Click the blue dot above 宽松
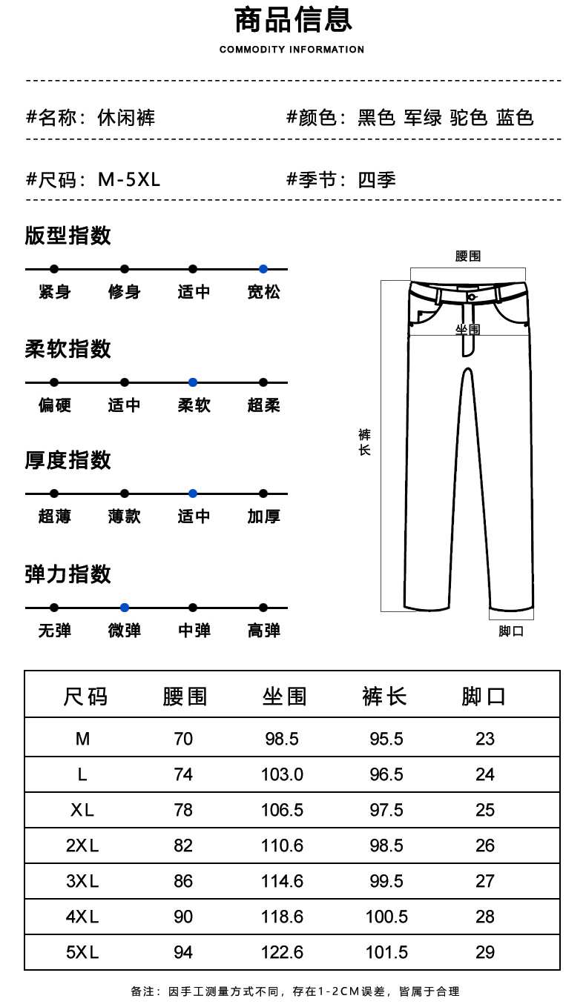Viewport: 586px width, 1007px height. [263, 269]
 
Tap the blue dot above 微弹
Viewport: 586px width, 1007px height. [125, 608]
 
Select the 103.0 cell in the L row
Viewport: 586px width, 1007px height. [282, 774]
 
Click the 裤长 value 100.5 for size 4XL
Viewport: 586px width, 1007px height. [386, 917]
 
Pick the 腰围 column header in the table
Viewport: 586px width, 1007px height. [185, 697]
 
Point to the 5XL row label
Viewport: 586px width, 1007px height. [82, 952]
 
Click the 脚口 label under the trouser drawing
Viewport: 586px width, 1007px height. [511, 631]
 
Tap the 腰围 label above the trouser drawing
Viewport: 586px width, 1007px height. [468, 256]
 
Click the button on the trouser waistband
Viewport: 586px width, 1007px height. [472, 297]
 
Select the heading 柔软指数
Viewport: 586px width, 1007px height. [68, 349]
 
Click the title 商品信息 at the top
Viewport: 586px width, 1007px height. [293, 20]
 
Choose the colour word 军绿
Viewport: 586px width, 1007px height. [423, 118]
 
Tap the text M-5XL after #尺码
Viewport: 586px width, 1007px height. [129, 180]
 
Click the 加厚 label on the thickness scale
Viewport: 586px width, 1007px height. [263, 516]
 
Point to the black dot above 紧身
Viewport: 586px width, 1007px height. [54, 269]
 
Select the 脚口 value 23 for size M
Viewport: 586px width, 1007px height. [485, 739]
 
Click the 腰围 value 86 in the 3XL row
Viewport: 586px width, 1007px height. [183, 881]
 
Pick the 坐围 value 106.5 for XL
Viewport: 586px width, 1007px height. [282, 810]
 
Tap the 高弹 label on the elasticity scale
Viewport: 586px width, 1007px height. [263, 631]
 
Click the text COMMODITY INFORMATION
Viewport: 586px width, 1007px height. [292, 50]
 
